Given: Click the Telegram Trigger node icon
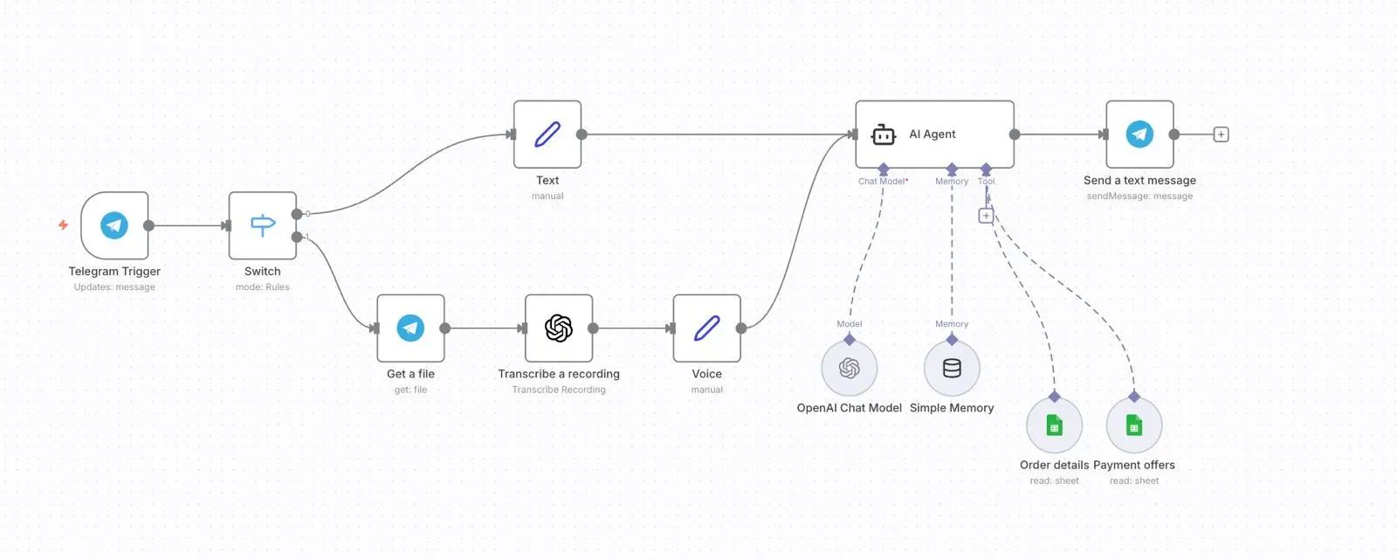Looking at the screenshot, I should click(114, 225).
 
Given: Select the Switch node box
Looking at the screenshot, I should click(263, 225).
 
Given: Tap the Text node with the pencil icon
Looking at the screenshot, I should click(547, 135).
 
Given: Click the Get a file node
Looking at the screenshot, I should click(410, 328).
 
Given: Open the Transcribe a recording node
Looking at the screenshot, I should click(559, 328).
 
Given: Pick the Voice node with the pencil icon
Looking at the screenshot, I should click(706, 328).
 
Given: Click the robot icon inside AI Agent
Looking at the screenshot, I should click(884, 135).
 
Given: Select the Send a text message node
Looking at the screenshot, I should click(1139, 135).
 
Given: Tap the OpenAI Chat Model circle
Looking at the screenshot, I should click(849, 368).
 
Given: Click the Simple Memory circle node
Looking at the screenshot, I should click(952, 368).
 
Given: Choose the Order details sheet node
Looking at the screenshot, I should click(1054, 425).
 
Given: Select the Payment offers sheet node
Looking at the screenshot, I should click(1133, 425).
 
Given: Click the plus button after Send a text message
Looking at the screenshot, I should click(1222, 135).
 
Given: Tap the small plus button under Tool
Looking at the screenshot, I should click(986, 215).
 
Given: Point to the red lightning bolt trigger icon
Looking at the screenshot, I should click(63, 225).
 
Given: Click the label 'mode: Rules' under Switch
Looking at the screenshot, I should click(262, 287).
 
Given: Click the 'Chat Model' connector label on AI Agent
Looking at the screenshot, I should click(882, 182).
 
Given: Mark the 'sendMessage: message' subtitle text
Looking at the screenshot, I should click(1139, 197).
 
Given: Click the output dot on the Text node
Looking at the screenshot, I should click(582, 135).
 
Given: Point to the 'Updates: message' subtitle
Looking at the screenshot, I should click(114, 287).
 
